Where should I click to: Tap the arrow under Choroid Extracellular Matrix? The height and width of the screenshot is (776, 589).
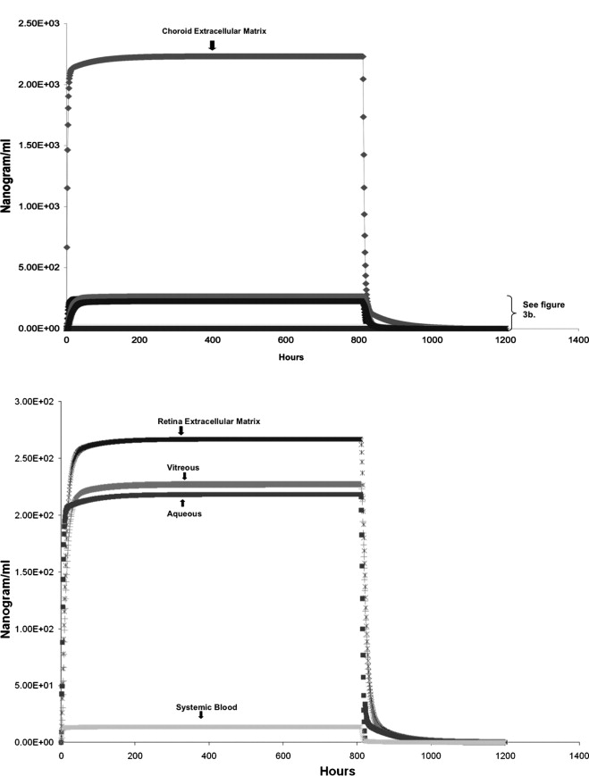pos(212,45)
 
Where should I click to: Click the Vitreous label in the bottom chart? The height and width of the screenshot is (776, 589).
pos(183,467)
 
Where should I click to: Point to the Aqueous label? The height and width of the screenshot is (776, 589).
pos(182,514)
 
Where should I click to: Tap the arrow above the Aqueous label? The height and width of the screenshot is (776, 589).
pos(182,504)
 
